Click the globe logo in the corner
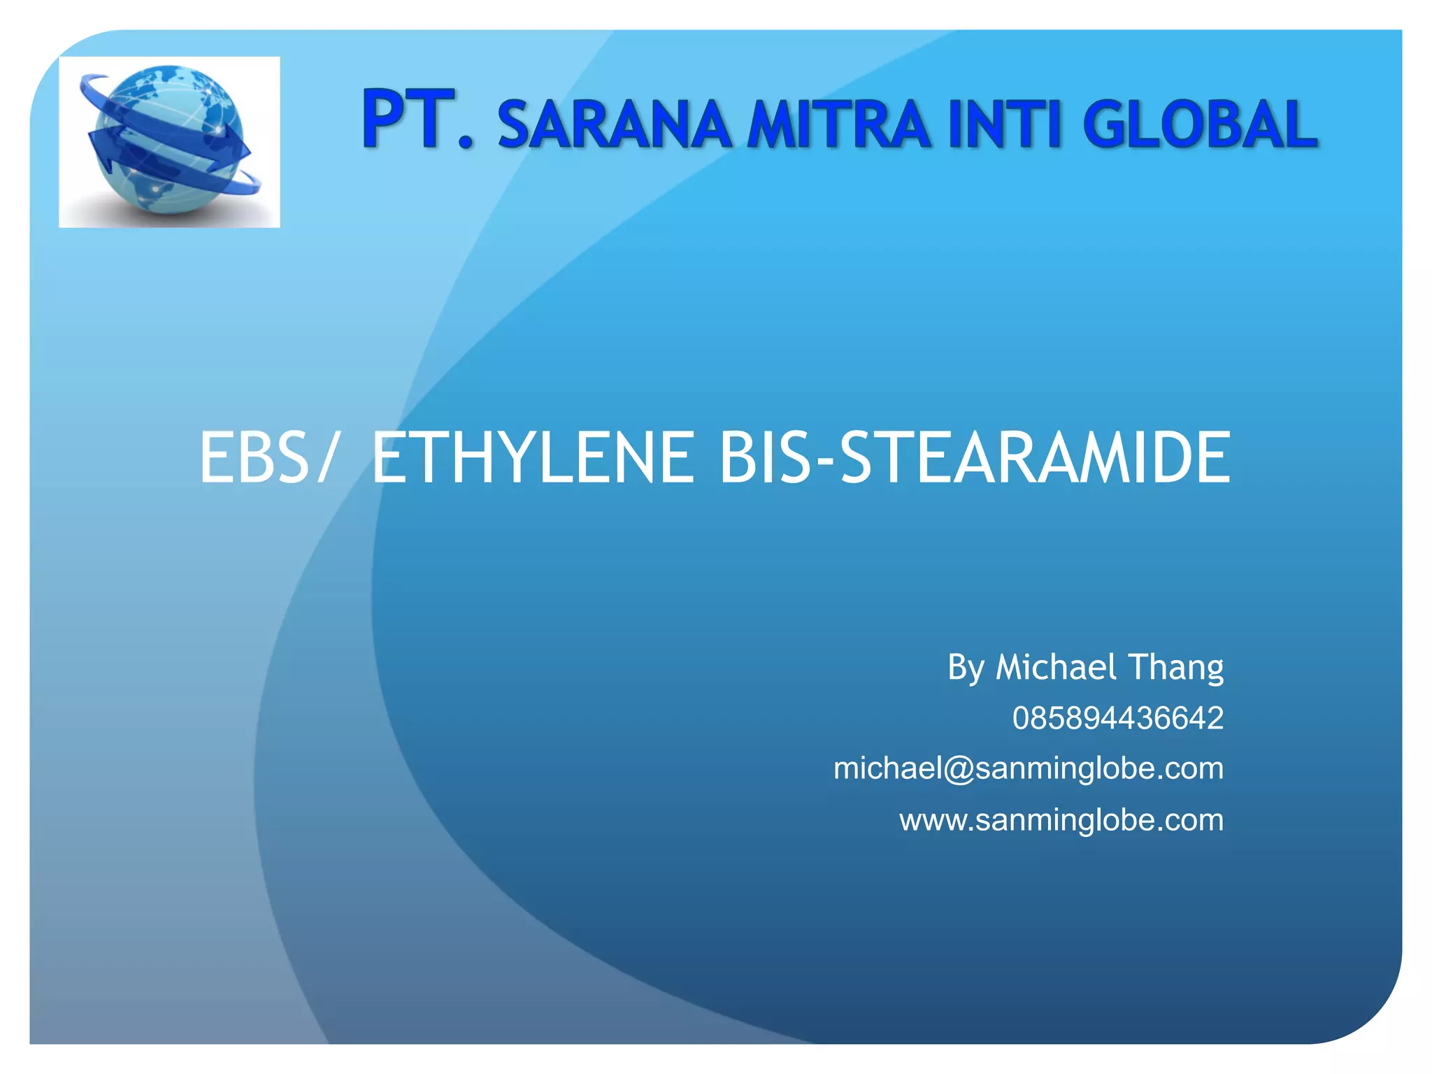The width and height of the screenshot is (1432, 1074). click(169, 142)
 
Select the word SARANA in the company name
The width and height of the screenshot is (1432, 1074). click(614, 125)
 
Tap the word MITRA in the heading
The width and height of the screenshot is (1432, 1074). click(838, 125)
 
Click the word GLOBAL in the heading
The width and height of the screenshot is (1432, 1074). click(1200, 125)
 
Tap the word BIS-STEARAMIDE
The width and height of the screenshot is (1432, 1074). click(975, 458)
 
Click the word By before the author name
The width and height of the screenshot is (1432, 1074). click(966, 668)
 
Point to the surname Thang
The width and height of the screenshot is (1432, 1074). click(1176, 668)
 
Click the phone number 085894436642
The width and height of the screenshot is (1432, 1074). click(1117, 718)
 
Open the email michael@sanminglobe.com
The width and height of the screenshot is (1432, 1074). click(1028, 768)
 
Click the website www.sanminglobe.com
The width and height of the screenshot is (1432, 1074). click(1061, 819)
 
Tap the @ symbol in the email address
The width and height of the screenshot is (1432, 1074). click(959, 769)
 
